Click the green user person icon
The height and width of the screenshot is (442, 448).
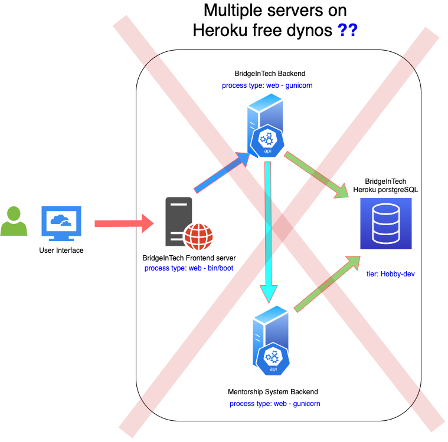[x=14, y=222]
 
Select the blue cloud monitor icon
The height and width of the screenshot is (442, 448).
[x=61, y=223]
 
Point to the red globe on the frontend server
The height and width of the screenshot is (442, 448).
[x=198, y=237]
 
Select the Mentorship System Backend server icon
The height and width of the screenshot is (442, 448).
[x=271, y=340]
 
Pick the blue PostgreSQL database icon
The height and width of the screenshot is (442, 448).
[x=386, y=223]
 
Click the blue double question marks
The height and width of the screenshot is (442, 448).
[x=347, y=30]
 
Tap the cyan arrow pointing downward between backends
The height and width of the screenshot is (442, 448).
[x=269, y=230]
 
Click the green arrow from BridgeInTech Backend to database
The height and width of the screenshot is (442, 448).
[x=316, y=174]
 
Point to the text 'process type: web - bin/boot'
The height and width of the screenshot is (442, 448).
[x=189, y=268]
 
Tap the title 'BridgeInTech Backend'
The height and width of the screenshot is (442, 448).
[x=270, y=74]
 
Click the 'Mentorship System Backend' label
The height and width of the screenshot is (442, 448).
[x=273, y=392]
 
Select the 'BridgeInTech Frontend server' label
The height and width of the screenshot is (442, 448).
[x=189, y=258]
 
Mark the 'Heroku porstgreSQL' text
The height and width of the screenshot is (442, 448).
[x=385, y=189]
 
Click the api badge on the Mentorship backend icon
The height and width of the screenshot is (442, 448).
[x=273, y=359]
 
